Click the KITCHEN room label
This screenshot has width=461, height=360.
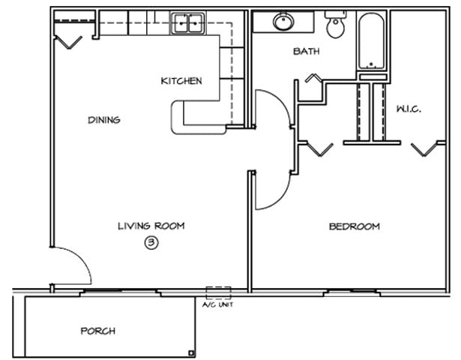pos(181,81)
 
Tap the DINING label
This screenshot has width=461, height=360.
pos(103,120)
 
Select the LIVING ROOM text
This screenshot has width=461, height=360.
pos(151,226)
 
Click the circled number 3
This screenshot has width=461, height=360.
pos(151,242)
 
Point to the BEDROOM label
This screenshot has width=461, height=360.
pos(354,226)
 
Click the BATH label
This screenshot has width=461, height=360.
pos(307,52)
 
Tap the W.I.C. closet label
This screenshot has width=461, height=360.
pos(409,109)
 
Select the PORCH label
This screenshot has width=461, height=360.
pos(98,331)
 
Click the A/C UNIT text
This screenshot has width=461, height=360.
pos(217,305)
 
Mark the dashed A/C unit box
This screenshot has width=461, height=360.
pos(218,293)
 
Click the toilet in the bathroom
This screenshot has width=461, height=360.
pos(335,25)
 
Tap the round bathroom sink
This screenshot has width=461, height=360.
pos(284,22)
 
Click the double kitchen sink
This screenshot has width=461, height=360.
pos(187,24)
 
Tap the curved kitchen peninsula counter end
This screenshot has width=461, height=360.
pos(180,118)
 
